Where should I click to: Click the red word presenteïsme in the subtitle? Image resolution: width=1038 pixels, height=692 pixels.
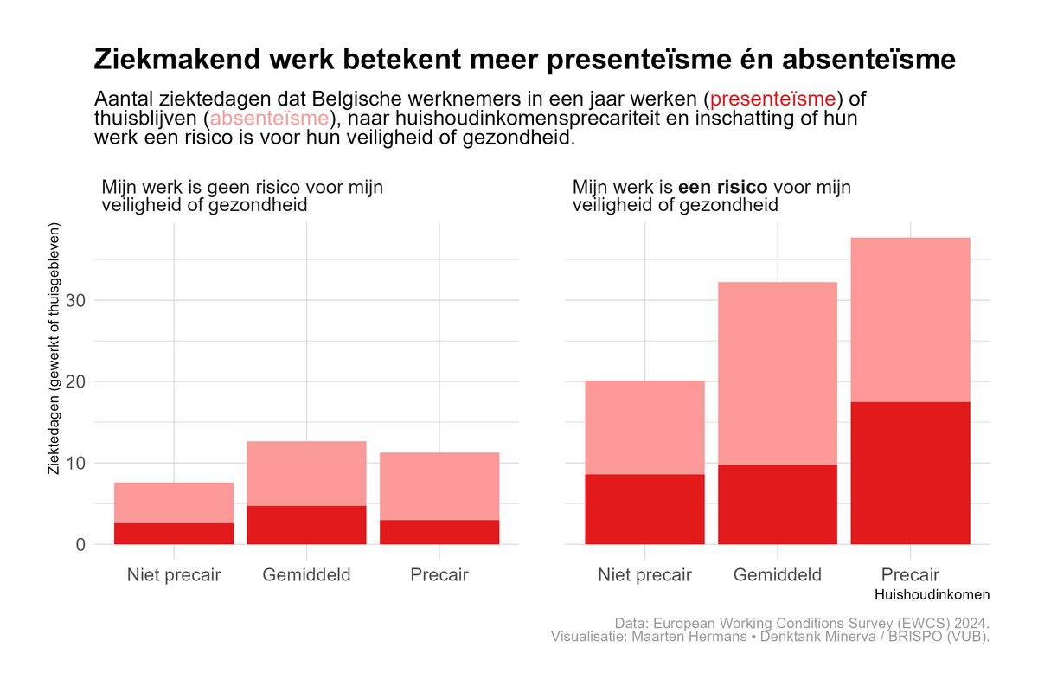coord(773,99)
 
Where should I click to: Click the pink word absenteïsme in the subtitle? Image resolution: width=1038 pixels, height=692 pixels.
coord(269,119)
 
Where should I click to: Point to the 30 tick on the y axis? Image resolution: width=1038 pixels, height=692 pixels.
coord(75,300)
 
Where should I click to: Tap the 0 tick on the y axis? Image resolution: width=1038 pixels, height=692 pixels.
coord(80,545)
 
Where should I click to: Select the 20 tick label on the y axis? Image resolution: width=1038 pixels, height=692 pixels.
coord(75,382)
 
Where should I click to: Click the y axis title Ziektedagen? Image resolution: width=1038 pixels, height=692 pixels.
coord(54,349)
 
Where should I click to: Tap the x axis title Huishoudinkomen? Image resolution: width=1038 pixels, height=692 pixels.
coord(932,594)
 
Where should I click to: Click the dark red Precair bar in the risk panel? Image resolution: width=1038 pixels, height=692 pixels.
coord(911,473)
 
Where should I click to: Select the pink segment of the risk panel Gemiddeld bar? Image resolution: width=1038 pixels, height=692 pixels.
coord(778,374)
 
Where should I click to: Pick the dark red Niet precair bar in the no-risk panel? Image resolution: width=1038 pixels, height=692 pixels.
coord(174,534)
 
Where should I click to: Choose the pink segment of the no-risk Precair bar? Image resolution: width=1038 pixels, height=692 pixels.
coord(439,486)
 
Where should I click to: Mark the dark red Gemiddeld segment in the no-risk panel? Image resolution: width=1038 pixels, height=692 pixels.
coord(306,525)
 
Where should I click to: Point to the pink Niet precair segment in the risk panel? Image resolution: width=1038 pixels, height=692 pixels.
coord(644,427)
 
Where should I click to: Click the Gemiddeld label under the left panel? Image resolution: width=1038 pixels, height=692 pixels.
coord(306,574)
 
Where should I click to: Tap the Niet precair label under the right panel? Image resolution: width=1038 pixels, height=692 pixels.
coord(644,574)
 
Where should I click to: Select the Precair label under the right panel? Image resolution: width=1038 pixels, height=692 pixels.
coord(910,574)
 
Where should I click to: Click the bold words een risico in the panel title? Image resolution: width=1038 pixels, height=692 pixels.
coord(723,187)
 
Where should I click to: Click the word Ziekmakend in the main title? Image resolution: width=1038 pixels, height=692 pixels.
coord(177,60)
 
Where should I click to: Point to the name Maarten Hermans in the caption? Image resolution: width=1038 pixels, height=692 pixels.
coord(689,637)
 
